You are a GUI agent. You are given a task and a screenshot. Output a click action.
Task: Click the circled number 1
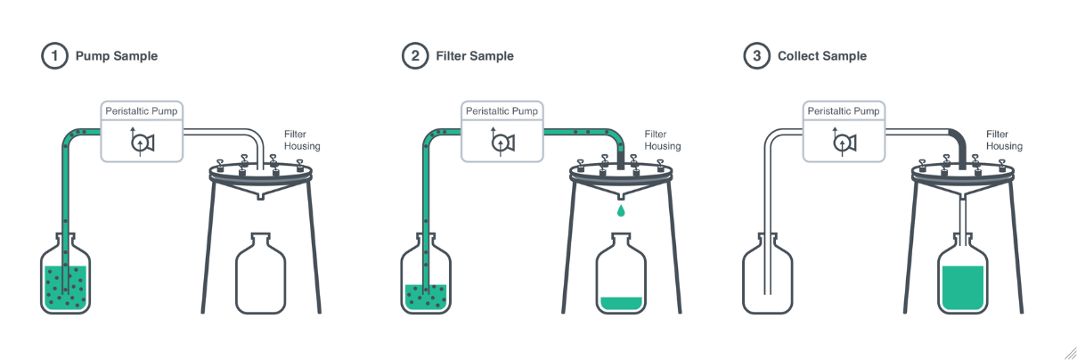pos(54,56)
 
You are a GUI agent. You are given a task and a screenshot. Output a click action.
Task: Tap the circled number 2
pos(414,56)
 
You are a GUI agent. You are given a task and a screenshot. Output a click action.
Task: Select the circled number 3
pos(756,56)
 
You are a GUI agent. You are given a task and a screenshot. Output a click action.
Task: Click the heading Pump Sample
pos(116,56)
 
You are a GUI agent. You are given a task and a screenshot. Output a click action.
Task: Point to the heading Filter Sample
pos(474,56)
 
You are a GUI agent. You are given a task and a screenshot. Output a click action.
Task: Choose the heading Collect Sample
pos(821,56)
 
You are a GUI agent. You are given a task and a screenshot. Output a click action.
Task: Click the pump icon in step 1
pos(142,141)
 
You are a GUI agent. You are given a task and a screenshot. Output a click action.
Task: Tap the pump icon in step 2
pos(501,141)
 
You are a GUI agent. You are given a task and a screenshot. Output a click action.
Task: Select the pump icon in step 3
pos(843,141)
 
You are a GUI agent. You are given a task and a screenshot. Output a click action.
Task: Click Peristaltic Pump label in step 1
pos(142,111)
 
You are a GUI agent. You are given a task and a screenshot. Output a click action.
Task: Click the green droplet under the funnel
pos(620,211)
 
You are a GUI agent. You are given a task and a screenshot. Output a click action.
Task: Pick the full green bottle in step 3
pos(962,278)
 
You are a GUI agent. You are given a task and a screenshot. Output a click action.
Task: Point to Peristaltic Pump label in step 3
pos(843,111)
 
